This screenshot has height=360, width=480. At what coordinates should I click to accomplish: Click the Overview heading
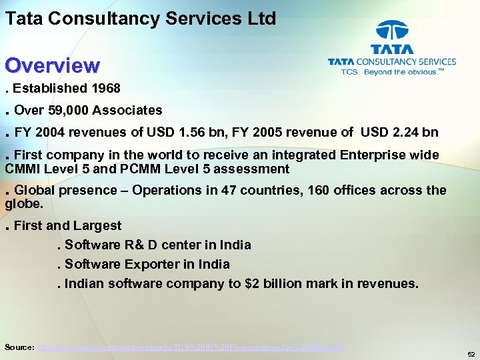coord(53,65)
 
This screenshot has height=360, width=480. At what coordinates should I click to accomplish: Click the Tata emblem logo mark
coord(392,31)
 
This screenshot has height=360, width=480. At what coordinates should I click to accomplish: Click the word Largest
coord(97,225)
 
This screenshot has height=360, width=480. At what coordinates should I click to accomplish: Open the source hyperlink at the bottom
coord(191,347)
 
